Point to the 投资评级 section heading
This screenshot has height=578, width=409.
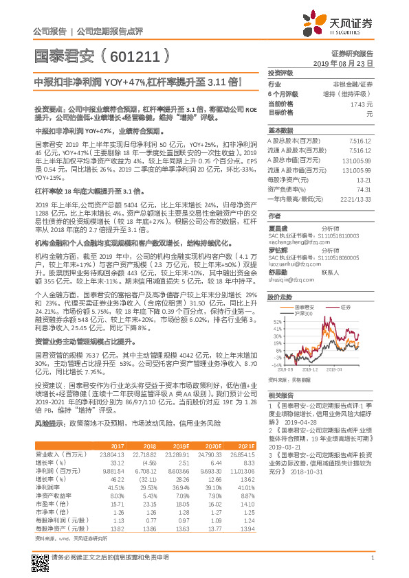(x=280, y=72)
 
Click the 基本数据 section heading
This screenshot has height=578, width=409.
(x=280, y=130)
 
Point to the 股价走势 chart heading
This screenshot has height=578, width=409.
(x=280, y=297)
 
